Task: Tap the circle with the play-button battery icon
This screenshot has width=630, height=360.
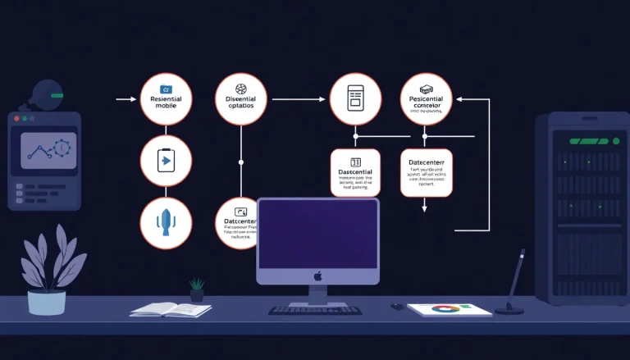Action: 166,160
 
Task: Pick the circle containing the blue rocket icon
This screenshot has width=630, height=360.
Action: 166,223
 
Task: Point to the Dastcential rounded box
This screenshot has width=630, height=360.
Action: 355,172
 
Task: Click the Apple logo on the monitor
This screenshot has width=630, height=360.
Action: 318,277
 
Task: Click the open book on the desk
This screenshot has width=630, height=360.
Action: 171,309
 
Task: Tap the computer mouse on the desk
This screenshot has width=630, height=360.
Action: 397,307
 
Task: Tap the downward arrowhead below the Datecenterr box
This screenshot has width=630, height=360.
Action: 425,208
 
